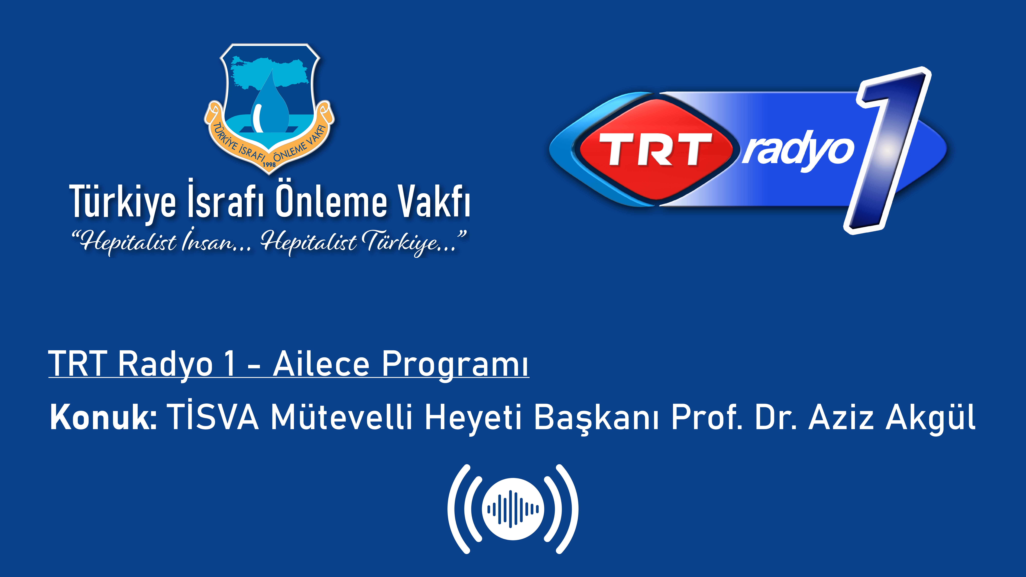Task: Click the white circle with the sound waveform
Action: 513,509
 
